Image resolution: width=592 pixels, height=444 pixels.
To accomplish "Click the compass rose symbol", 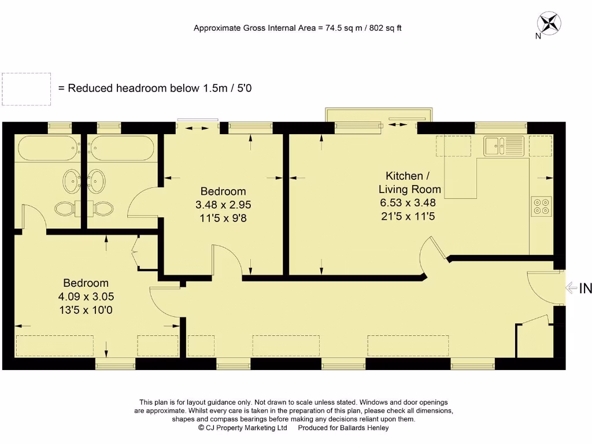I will tap(549, 24).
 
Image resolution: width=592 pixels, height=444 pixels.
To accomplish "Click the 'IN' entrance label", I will tap(585, 288).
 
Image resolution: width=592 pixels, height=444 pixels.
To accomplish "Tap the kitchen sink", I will tap(504, 146).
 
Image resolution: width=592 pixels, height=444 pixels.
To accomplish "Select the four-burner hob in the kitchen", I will tap(542, 206).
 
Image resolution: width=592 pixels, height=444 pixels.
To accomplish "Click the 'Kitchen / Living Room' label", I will tap(409, 182).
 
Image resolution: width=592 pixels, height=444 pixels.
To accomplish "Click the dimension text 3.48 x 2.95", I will tap(223, 205).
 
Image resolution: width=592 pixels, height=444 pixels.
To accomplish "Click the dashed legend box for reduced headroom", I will tap(26, 89).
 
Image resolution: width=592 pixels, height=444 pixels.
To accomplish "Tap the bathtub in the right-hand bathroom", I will tap(122, 149).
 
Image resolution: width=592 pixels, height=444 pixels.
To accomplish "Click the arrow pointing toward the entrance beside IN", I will tap(571, 287).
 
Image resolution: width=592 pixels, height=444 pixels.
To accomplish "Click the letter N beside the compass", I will tap(538, 36).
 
